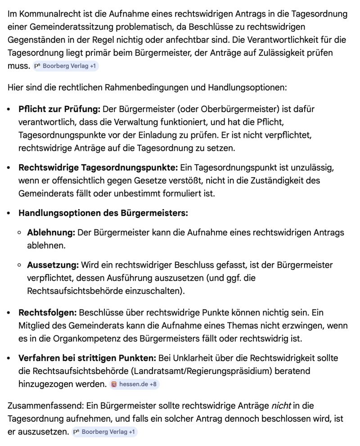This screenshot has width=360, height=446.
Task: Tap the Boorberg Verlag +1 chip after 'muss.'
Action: [66, 66]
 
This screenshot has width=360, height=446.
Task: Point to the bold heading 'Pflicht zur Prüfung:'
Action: [59, 109]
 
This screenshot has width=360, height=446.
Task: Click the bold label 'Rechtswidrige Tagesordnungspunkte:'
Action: [98, 167]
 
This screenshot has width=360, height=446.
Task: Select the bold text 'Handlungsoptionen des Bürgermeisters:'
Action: [103, 212]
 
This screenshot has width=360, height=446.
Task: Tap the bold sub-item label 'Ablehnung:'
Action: [51, 232]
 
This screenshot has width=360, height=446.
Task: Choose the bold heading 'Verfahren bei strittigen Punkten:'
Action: [87, 358]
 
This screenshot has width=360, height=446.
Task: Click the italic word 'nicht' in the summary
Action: [281, 405]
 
